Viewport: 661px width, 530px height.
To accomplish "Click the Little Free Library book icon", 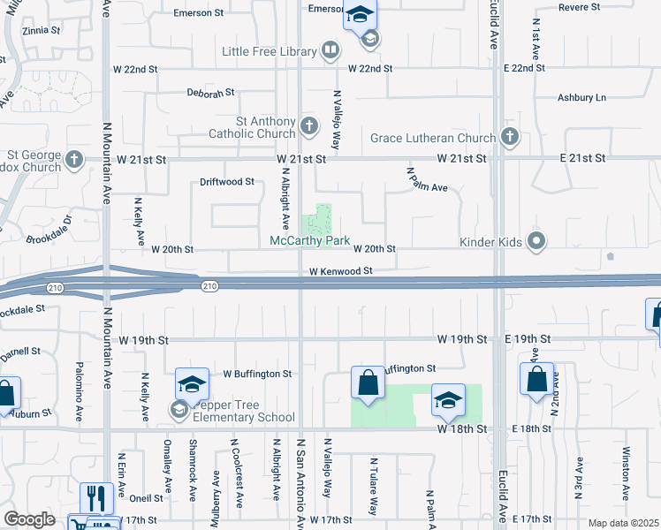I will [330, 50].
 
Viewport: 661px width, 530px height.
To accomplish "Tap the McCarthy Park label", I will [310, 241].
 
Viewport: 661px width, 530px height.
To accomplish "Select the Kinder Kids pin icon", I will [536, 240].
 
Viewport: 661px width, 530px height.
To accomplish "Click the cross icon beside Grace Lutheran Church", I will [509, 137].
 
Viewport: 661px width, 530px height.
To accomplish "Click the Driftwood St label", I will [226, 182].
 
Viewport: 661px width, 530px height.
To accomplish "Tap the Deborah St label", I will [210, 92].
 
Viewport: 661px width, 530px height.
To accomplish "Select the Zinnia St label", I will [41, 30].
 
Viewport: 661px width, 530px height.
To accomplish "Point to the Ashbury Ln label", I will [581, 97].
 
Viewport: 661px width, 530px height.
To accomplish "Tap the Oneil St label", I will [146, 497].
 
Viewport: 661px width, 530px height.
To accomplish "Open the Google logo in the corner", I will [29, 519].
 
